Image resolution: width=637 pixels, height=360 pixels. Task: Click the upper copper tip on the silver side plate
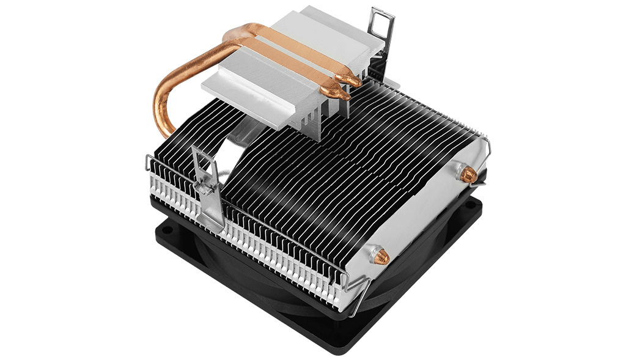coord(468,175)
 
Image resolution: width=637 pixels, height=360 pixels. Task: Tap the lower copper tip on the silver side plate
coord(381,257)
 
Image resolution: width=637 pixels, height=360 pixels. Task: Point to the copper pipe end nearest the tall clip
coord(354,79)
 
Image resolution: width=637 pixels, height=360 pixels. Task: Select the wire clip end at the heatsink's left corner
coord(150,164)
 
